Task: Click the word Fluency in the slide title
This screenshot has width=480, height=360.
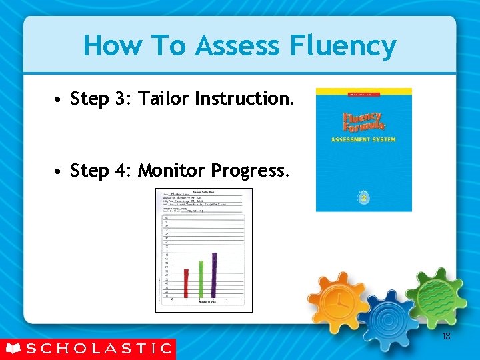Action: click(343, 46)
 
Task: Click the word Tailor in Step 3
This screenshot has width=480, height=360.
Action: click(163, 99)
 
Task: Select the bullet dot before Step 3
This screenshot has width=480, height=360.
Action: click(59, 100)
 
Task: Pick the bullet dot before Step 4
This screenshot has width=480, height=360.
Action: click(59, 172)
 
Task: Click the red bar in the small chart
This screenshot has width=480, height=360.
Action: click(187, 283)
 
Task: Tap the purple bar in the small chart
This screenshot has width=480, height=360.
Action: click(214, 275)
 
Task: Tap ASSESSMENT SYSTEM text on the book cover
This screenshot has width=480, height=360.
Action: click(363, 140)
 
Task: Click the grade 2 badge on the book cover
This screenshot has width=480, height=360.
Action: click(364, 198)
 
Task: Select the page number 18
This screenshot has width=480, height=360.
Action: click(446, 337)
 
